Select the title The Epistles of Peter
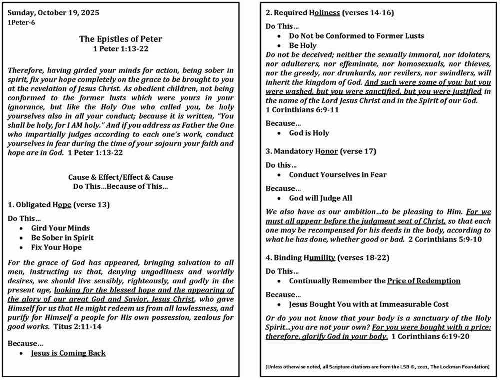coord(120,39)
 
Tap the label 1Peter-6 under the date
coord(21,22)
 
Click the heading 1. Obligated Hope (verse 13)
coord(59,204)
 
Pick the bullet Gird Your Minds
coord(60,228)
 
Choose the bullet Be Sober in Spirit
coord(62,237)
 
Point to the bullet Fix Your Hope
coord(56,247)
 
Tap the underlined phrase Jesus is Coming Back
coord(68,353)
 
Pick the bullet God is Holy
coord(309,133)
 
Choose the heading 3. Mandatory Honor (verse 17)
coord(321,151)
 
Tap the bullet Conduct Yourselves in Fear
coord(338,175)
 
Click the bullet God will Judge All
coord(327,198)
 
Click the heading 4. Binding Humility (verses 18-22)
coord(327,258)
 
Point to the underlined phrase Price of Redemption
coord(424,281)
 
